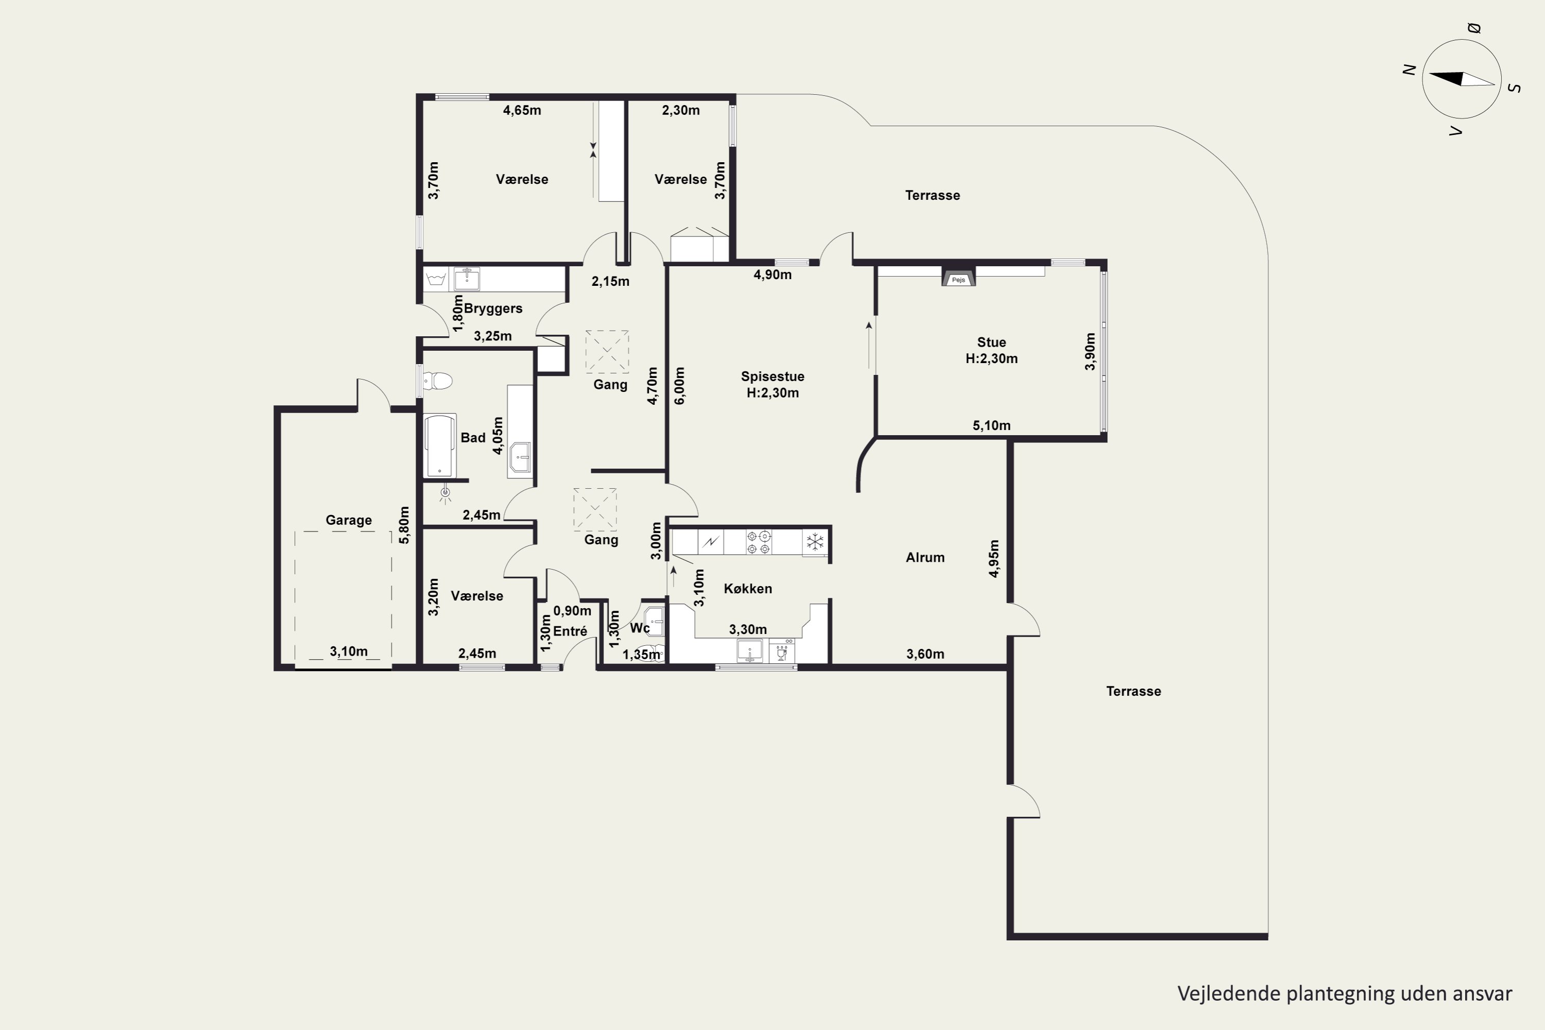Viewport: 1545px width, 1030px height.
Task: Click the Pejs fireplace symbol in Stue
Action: click(x=958, y=277)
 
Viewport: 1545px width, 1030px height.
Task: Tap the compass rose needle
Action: click(x=1462, y=79)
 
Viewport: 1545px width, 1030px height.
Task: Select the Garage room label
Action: click(x=349, y=520)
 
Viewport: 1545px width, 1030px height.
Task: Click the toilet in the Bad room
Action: click(x=438, y=381)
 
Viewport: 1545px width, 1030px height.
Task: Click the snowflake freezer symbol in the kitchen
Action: click(x=815, y=542)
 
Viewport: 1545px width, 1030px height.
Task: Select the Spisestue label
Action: click(x=772, y=376)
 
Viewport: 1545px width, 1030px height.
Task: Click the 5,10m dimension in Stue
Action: click(x=991, y=426)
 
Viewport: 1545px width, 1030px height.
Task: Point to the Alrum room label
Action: click(x=925, y=558)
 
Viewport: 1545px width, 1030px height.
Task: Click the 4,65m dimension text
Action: click(x=522, y=110)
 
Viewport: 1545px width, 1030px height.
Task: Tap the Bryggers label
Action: click(x=493, y=308)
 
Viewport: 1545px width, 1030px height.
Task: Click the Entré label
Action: click(x=570, y=631)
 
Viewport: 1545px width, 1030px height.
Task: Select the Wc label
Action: click(x=640, y=628)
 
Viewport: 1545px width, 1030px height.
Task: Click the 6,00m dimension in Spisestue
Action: click(x=680, y=386)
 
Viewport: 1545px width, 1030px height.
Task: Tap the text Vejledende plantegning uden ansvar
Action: click(x=1345, y=993)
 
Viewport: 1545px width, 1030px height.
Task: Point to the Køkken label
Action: click(x=748, y=589)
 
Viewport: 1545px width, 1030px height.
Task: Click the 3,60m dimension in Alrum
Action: click(x=925, y=654)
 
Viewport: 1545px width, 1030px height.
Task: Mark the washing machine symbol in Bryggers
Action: click(x=436, y=280)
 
